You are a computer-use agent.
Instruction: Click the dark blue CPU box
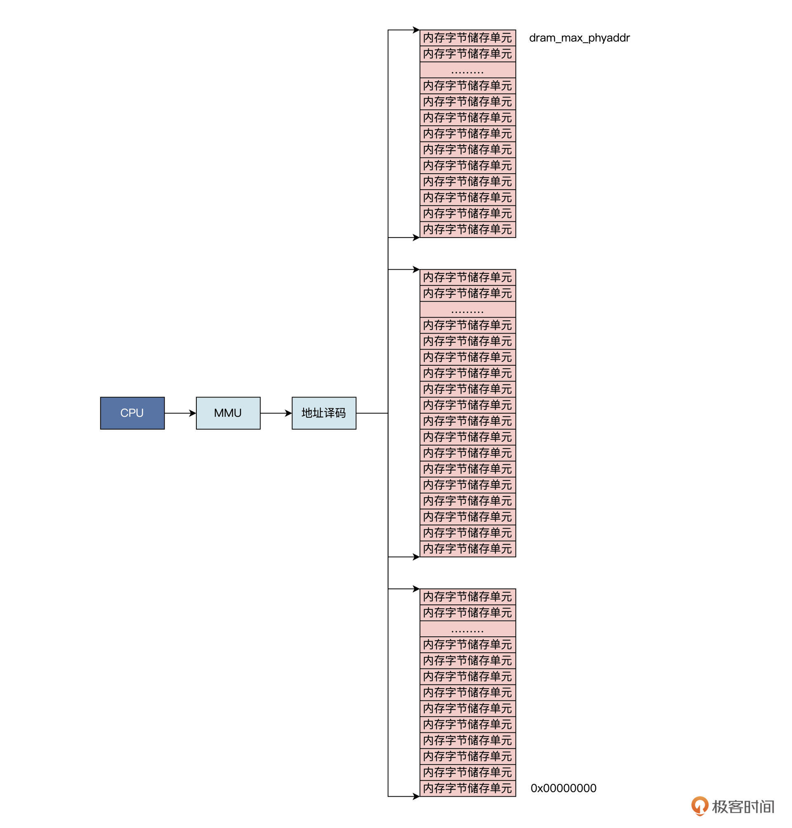click(x=132, y=413)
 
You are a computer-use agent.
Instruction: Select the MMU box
click(x=228, y=413)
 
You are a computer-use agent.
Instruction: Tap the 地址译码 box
click(x=324, y=413)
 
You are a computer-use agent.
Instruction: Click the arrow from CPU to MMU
click(x=180, y=413)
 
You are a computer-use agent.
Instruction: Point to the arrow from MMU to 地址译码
click(x=276, y=413)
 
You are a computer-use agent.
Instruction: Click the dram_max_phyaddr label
click(x=579, y=38)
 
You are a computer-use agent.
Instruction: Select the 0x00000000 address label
click(x=563, y=788)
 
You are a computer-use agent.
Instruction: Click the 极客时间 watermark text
click(x=743, y=807)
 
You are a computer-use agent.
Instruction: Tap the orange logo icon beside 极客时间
click(x=699, y=806)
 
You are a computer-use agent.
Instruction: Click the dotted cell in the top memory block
click(x=467, y=70)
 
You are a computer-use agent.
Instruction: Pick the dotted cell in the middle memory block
click(x=467, y=309)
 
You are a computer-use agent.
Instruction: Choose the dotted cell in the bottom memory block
click(x=467, y=629)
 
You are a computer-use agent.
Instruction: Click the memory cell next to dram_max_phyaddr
click(x=467, y=38)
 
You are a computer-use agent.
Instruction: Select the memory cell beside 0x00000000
click(x=467, y=788)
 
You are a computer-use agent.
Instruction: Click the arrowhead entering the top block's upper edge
click(x=416, y=30)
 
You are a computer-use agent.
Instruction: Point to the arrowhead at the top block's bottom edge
click(x=416, y=238)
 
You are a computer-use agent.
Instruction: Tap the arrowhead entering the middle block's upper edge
click(x=416, y=269)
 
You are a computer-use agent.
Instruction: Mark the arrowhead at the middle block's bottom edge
click(x=416, y=557)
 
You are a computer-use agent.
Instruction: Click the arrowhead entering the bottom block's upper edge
click(x=416, y=589)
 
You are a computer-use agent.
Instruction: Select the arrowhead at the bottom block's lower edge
click(x=416, y=796)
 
